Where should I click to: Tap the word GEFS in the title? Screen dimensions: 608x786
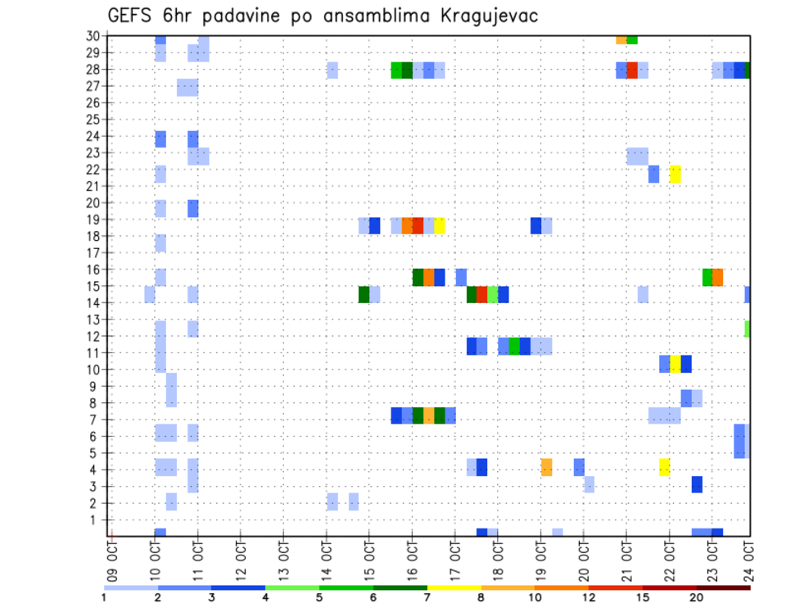tap(132, 16)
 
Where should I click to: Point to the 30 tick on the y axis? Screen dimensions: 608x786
tap(93, 36)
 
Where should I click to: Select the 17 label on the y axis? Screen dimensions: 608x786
tap(93, 252)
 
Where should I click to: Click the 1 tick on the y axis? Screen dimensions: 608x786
tap(96, 520)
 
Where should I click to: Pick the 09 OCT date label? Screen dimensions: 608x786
tap(112, 556)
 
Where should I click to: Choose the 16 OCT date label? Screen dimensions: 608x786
tap(412, 556)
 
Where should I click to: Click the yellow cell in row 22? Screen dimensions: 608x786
tap(675, 174)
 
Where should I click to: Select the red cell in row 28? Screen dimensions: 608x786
tap(632, 70)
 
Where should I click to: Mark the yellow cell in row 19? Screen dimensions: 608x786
tap(440, 225)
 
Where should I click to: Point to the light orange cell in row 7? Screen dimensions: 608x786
tap(428, 415)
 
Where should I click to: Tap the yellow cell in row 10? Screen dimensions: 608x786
tap(675, 364)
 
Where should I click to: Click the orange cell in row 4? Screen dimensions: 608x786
tap(546, 467)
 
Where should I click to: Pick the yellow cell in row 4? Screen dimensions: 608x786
tap(664, 467)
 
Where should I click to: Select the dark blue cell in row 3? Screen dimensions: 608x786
tap(697, 484)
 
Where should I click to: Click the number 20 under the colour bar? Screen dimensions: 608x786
tap(696, 597)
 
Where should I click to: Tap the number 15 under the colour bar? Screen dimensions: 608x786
tap(642, 597)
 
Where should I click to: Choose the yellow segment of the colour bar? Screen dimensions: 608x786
tap(454, 588)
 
